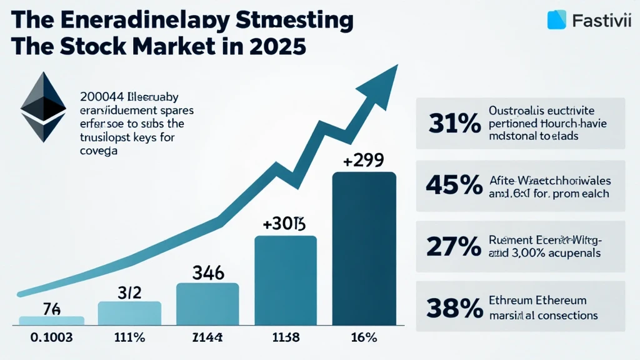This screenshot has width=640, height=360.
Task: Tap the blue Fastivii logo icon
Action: coord(556,20)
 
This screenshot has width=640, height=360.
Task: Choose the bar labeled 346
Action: coord(207,304)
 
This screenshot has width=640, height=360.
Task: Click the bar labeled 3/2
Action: coord(130,312)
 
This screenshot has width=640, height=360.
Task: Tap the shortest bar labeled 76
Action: coord(51,320)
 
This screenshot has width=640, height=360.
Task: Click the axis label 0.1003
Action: coord(51,338)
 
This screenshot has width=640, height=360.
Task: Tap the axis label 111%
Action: coord(129,338)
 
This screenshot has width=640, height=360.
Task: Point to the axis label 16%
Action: coord(363,338)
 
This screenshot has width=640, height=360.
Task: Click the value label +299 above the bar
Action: coord(364,161)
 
